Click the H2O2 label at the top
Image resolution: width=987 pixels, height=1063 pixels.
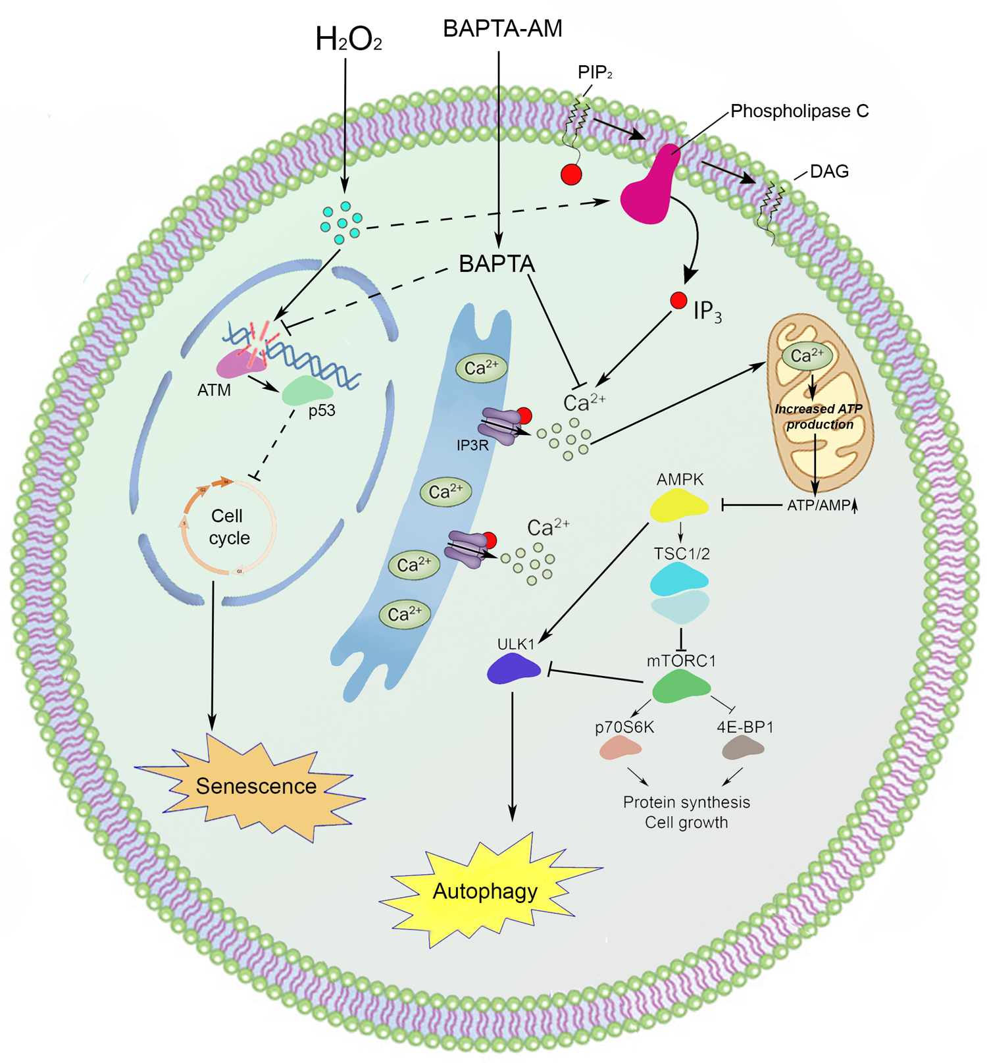[x=348, y=39]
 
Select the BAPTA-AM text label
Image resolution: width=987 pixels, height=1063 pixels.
[x=503, y=29]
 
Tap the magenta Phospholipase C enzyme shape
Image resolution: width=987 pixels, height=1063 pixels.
[x=648, y=191]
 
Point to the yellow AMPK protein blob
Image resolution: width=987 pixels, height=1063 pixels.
[x=679, y=506]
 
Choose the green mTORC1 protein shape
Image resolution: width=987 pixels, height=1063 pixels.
[x=681, y=686]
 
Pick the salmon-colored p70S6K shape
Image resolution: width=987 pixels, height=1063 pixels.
[x=620, y=748]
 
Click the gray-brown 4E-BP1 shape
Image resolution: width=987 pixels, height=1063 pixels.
[x=743, y=748]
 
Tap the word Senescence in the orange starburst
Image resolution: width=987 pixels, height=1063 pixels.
[x=256, y=786]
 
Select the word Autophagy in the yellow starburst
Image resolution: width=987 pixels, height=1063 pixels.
[x=485, y=891]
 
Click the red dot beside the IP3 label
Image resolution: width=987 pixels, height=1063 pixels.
[x=678, y=301]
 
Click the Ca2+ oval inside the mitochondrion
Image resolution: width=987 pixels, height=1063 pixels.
[x=807, y=356]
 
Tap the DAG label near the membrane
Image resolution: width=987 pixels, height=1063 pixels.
[x=829, y=172]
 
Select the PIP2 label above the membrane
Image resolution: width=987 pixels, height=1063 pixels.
[x=595, y=72]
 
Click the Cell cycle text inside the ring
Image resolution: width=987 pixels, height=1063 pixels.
[x=229, y=527]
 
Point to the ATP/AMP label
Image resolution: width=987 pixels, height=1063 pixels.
[x=820, y=506]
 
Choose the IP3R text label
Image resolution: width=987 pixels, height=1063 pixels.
[x=472, y=446]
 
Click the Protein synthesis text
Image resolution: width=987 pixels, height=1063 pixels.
[x=686, y=802]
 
